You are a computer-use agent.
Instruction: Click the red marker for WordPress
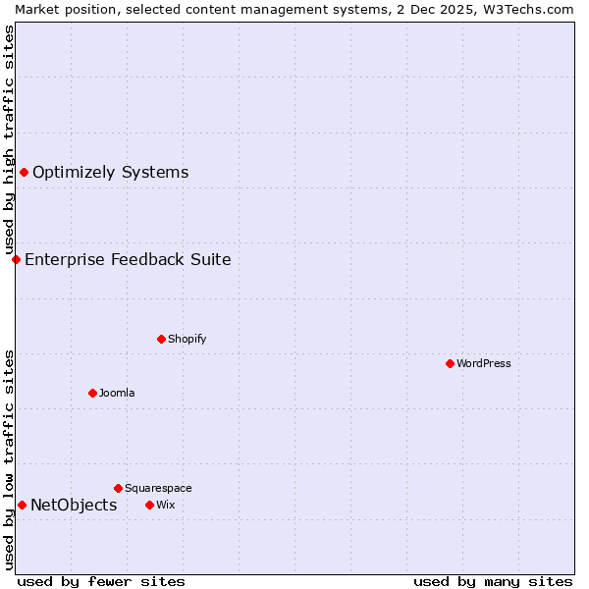coord(450,363)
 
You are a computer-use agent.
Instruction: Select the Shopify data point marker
coord(161,339)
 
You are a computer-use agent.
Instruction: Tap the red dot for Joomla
coord(92,393)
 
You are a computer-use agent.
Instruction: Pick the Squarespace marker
coord(118,488)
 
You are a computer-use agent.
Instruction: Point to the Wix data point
coord(149,505)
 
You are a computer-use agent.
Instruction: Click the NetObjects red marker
coord(22,505)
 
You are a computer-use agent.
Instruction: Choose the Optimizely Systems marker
coord(24,173)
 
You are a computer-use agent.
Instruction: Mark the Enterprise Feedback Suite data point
coord(16,259)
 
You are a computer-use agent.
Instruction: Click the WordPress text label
coord(484,363)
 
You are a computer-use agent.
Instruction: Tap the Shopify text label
coord(187,339)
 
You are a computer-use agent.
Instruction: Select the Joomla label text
coord(117,393)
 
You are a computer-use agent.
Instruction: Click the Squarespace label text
coord(158,488)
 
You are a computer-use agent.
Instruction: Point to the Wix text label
coord(165,505)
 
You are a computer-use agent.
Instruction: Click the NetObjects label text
coord(74,505)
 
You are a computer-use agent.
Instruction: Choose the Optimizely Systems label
coord(110,173)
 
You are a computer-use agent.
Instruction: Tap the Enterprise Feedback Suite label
coord(128,259)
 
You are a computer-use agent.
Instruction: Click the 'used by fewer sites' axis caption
coord(101,581)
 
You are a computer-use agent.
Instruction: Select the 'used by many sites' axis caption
coord(493,581)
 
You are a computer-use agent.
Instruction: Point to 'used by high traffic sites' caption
coord(9,140)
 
